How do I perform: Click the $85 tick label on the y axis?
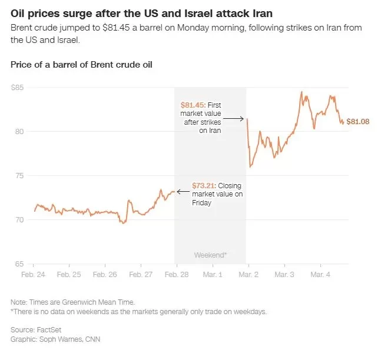[18, 88]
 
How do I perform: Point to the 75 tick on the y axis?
[19, 176]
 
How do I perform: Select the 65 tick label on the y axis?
[19, 264]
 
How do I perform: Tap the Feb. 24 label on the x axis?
[34, 275]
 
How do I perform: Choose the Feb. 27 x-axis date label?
[141, 275]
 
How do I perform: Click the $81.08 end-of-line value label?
[358, 122]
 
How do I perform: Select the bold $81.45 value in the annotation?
[191, 104]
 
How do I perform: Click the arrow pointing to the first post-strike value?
[233, 119]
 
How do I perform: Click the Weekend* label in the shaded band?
[210, 255]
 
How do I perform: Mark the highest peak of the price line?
[302, 92]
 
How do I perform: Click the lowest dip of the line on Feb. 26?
[123, 223]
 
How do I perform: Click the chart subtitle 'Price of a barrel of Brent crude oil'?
[81, 64]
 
